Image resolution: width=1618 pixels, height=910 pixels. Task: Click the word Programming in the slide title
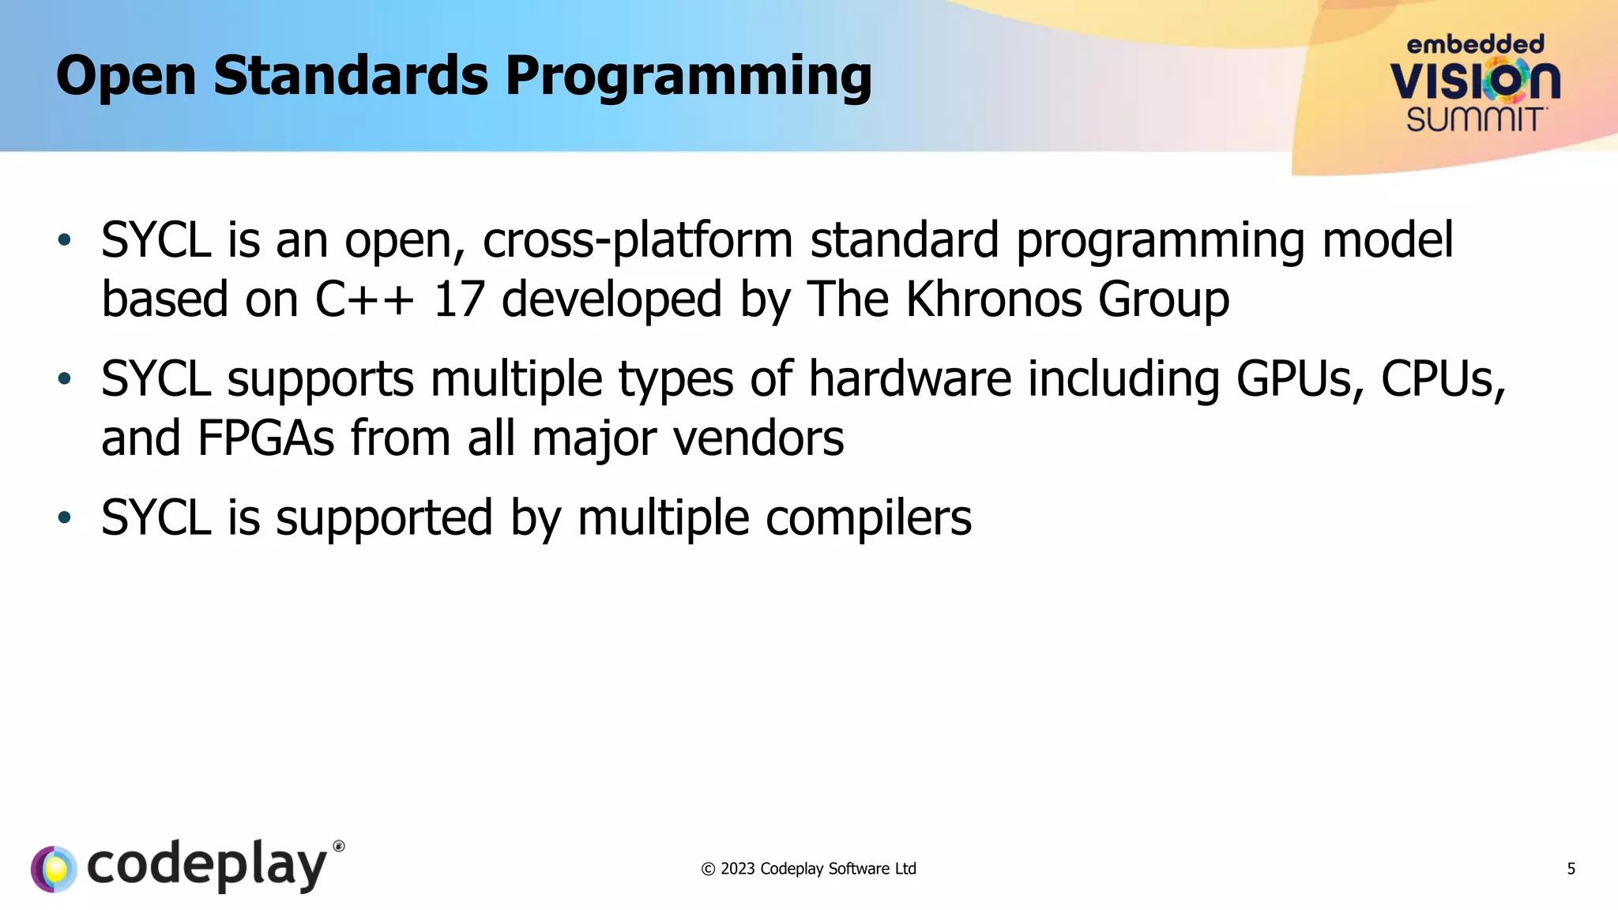(688, 77)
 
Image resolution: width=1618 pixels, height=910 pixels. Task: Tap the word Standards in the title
(351, 76)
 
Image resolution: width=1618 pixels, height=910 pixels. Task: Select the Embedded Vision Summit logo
(1475, 84)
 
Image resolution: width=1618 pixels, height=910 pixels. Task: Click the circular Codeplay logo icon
(54, 869)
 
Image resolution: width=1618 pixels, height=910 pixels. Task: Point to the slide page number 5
(1571, 869)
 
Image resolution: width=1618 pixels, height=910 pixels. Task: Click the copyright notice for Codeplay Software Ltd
(808, 869)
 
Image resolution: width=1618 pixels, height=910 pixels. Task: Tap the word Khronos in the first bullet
(993, 299)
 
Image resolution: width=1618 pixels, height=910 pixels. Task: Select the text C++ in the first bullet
(364, 299)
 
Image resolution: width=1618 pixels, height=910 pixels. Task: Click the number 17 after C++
(458, 299)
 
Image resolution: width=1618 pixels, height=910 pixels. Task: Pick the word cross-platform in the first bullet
(638, 240)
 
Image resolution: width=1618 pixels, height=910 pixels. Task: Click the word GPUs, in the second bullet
(1300, 379)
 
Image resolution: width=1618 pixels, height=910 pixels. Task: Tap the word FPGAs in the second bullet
(266, 438)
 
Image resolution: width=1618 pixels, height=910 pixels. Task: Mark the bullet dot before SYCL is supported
(65, 518)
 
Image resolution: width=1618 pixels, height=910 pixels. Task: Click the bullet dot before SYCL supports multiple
(65, 379)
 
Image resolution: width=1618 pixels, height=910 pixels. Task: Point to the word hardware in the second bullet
(909, 379)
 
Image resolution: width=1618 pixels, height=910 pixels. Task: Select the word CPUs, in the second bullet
(1443, 379)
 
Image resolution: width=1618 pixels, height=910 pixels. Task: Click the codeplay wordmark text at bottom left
(207, 866)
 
